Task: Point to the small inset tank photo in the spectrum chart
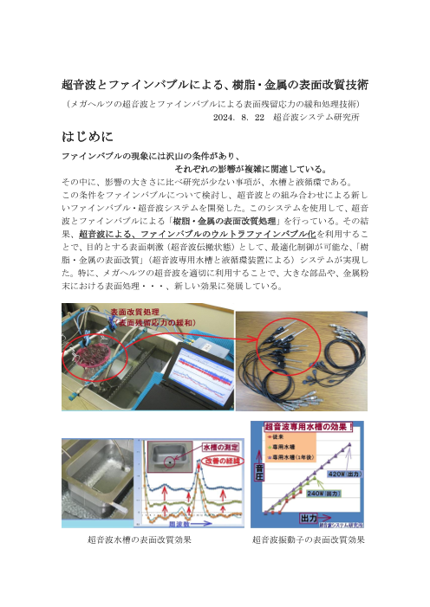coord(169,458)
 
